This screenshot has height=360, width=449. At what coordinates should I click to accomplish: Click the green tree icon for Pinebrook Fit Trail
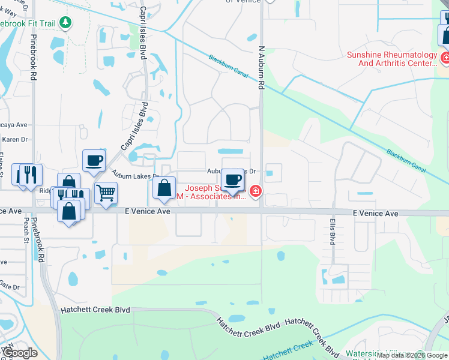[x=65, y=23]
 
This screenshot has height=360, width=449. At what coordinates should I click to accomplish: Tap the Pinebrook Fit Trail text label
[x=28, y=24]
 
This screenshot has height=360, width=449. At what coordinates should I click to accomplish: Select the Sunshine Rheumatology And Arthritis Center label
[x=392, y=59]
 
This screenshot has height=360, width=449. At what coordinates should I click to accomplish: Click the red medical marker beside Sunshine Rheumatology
[x=445, y=58]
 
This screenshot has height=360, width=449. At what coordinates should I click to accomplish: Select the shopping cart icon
[x=106, y=193]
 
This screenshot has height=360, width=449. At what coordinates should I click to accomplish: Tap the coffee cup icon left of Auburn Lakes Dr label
[x=94, y=160]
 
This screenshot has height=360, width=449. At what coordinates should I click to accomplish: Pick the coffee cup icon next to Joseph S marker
[x=233, y=179]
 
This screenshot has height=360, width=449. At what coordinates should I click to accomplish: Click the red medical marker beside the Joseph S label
[x=256, y=191]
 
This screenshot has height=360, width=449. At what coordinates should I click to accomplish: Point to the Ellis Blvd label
[x=331, y=231]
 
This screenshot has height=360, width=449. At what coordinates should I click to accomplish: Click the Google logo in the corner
[x=20, y=353]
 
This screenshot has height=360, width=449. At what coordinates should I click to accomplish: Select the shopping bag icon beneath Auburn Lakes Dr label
[x=164, y=188]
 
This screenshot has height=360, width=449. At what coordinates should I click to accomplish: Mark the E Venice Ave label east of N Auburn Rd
[x=375, y=214]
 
